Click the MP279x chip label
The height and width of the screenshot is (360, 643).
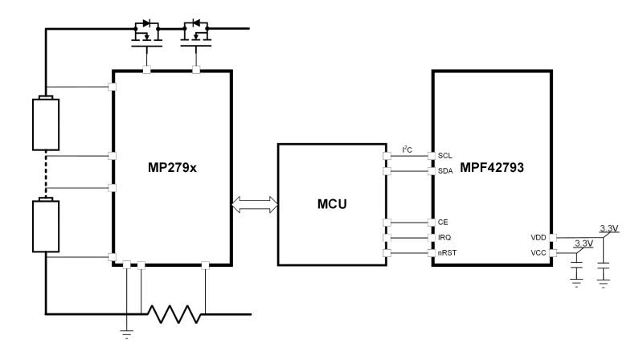click(x=172, y=168)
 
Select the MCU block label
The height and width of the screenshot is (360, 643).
click(x=332, y=204)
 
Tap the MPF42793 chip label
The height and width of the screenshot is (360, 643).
click(x=492, y=167)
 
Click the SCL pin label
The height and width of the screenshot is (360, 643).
click(x=445, y=156)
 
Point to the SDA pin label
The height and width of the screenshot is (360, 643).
click(x=445, y=171)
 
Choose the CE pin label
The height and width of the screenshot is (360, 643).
click(x=443, y=223)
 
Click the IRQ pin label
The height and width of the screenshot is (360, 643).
click(x=444, y=237)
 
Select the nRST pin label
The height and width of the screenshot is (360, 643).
click(x=448, y=253)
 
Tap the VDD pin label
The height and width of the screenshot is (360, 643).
click(x=539, y=237)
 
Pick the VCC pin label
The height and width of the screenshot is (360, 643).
click(x=539, y=253)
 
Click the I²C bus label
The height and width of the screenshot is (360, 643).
click(x=408, y=149)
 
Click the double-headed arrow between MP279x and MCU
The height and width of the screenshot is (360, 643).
click(x=255, y=204)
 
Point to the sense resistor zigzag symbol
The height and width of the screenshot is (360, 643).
click(x=174, y=314)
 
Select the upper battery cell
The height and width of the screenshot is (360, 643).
click(x=46, y=123)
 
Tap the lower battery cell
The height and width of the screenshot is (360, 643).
click(x=46, y=225)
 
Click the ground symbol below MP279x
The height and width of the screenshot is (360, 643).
click(x=127, y=333)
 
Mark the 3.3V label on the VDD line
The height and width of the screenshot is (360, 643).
click(x=609, y=228)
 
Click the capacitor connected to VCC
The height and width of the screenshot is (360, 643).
click(x=576, y=272)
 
